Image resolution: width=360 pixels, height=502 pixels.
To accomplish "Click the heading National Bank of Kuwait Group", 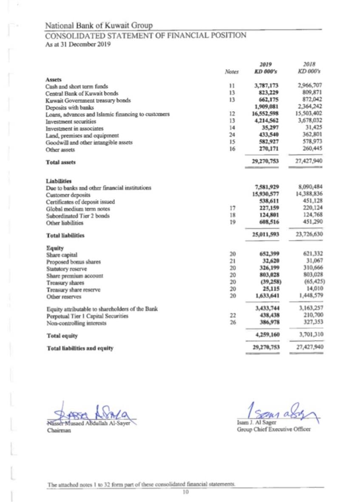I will pyautogui.click(x=99, y=26).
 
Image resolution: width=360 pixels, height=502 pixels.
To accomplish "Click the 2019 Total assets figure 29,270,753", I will pyautogui.click(x=266, y=162).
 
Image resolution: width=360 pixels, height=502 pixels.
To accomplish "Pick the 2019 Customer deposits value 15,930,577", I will pyautogui.click(x=266, y=195).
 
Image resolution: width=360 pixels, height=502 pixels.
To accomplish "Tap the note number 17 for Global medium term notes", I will pyautogui.click(x=232, y=209).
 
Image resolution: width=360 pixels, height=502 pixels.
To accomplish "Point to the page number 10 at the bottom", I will pyautogui.click(x=185, y=491).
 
